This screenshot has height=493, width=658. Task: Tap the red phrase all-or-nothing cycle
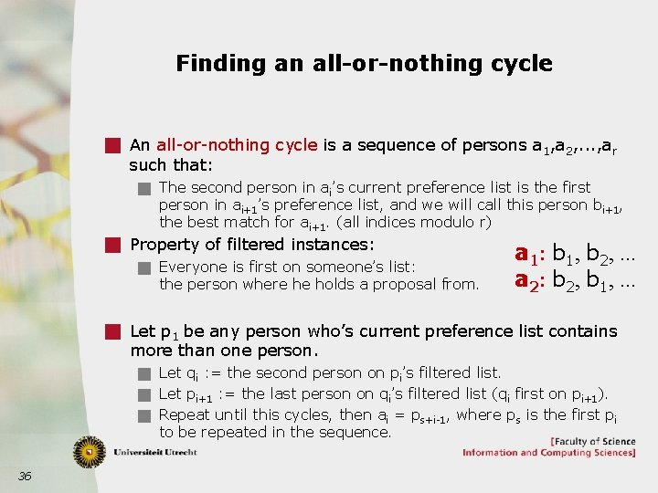pos(237,145)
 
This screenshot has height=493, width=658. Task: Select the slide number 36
pos(25,475)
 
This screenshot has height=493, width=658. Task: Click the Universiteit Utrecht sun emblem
pos(90,452)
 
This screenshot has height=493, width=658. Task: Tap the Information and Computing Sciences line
pos(548,453)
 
